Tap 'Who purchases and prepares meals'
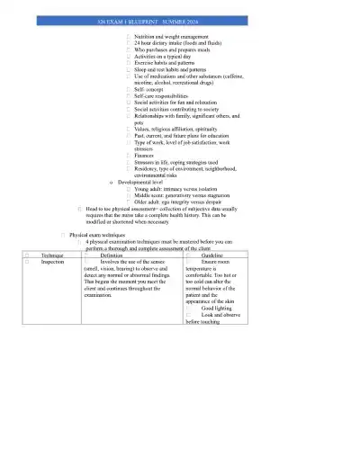(x=175, y=49)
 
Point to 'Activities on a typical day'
(x=167, y=58)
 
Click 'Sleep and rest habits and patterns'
(x=175, y=73)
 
